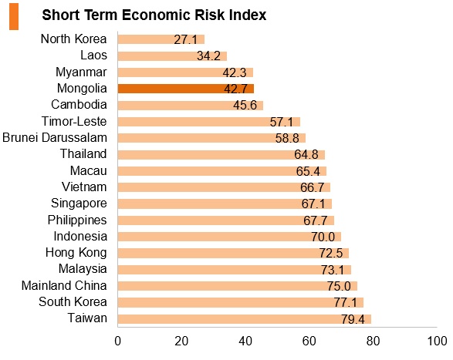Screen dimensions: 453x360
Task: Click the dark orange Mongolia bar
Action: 186,89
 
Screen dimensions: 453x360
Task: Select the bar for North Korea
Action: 161,39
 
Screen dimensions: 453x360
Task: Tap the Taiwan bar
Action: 245,319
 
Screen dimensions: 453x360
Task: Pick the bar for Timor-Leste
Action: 209,122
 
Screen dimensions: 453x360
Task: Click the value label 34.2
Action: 208,56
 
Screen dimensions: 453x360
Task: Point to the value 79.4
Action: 353,319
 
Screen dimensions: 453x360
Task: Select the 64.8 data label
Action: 306,154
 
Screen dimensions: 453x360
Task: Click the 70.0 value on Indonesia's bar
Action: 323,237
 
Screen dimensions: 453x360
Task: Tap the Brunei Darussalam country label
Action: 55,137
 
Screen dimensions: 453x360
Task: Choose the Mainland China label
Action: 64,285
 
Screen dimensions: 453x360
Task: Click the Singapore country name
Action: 79,204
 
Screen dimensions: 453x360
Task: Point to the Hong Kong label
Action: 76,253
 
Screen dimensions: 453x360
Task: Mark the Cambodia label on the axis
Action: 79,105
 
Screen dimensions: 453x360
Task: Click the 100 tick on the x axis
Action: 437,341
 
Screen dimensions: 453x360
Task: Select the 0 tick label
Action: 117,341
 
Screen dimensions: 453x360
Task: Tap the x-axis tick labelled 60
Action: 309,341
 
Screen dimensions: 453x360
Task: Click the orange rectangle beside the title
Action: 14,16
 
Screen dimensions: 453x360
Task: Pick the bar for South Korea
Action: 241,302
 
